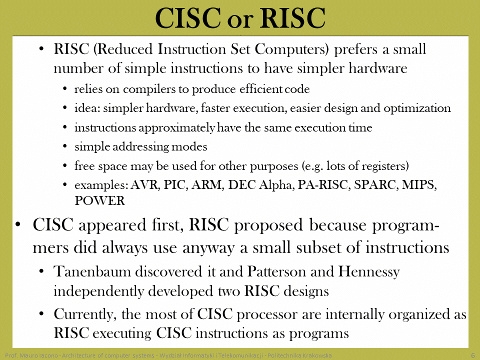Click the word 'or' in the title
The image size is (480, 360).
[240, 21]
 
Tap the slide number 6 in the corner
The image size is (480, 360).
[473, 355]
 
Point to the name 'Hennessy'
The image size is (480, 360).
[369, 272]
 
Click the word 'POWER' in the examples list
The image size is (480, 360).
[100, 201]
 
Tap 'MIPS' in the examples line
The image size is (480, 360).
[419, 185]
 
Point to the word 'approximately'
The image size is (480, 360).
[177, 128]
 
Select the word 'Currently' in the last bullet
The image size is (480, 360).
[85, 314]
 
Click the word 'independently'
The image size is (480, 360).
[98, 291]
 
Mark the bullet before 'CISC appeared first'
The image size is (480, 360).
[18, 224]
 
